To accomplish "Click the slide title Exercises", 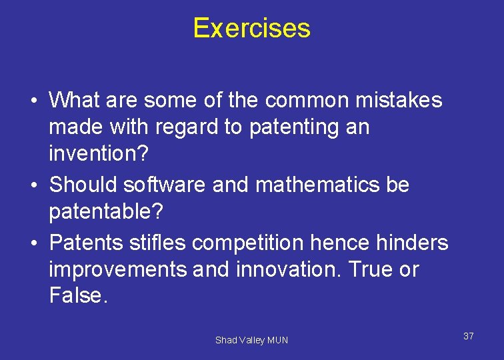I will coord(251,28).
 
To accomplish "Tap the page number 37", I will coord(469,336).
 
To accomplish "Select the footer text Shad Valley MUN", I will coord(251,340).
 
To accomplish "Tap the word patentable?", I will coord(106,213).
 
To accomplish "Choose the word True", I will coord(369,269).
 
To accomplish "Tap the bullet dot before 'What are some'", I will coord(32,101).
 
